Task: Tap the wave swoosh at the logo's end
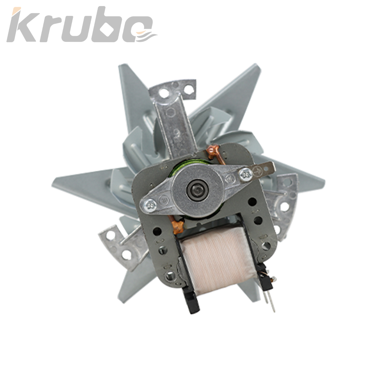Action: pos(146,36)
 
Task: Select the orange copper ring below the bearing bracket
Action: pos(178,226)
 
